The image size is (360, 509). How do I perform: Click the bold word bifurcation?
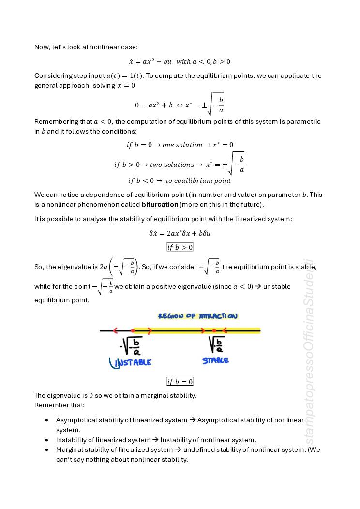160,204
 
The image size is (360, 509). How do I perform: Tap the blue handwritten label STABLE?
215,360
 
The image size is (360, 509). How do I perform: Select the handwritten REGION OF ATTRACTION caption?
198,316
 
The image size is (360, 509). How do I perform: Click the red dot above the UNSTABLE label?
133,331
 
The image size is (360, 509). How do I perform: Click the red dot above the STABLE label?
214,331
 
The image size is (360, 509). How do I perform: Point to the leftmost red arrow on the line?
116,331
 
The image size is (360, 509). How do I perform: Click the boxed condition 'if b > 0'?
180,247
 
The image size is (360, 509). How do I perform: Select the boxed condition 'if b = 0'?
180,382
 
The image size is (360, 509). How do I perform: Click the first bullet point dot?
46,420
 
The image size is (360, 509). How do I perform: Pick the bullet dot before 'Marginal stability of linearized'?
46,450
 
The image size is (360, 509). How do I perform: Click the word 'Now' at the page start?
42,47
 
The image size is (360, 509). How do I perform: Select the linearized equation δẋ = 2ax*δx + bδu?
180,233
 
